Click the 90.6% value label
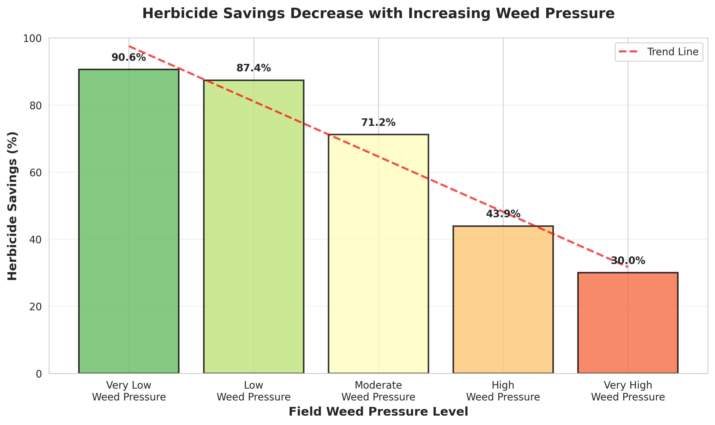coord(129,58)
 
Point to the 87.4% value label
coord(254,68)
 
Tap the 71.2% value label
coord(378,122)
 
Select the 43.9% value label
coord(503,214)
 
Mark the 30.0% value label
coord(628,261)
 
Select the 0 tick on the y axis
coord(39,374)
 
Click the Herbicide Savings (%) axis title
coord(12,206)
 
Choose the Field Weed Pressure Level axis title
coord(378,412)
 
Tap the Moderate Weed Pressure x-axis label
coord(378,391)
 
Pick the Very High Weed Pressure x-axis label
coord(628,391)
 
